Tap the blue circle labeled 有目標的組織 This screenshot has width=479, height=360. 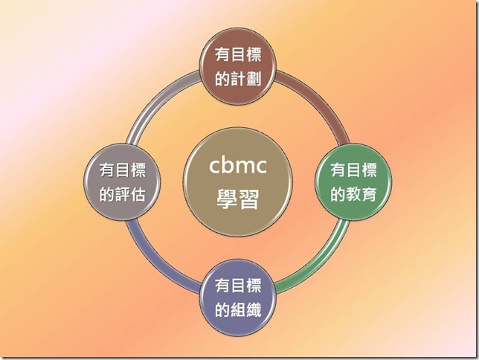[240, 296]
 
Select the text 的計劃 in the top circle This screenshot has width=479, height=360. [240, 78]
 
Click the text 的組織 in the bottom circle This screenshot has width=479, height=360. [240, 308]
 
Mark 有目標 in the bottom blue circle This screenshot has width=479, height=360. [240, 284]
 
